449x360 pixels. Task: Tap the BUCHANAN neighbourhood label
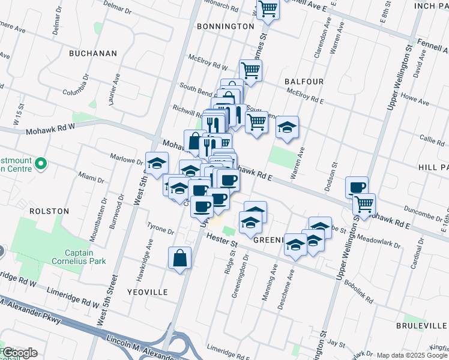93,53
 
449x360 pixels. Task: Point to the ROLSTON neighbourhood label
48,211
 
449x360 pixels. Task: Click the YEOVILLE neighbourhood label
147,292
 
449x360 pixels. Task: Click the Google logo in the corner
19,353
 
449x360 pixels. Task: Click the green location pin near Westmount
41,163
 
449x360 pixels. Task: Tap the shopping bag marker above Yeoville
179,259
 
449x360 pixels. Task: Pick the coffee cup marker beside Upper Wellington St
357,187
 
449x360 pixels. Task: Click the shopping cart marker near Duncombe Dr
364,205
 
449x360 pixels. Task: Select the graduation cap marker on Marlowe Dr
157,163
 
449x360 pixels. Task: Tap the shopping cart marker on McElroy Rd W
250,70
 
